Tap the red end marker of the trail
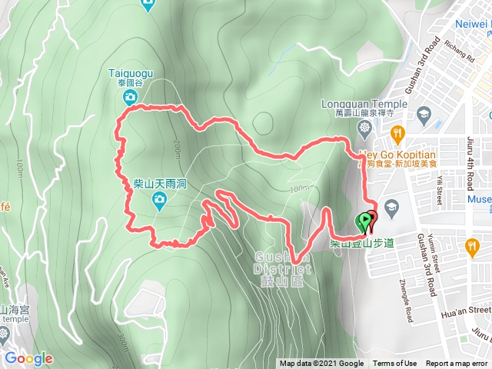pyautogui.click(x=372, y=220)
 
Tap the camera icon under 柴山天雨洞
pyautogui.click(x=159, y=201)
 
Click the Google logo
pyautogui.click(x=28, y=358)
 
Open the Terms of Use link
pyautogui.click(x=395, y=364)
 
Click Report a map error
pyautogui.click(x=457, y=364)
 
